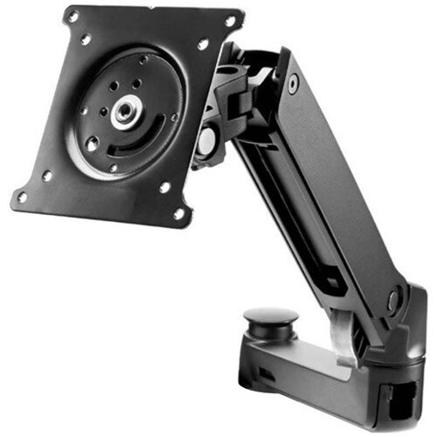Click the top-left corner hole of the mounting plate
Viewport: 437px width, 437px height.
pos(72,15)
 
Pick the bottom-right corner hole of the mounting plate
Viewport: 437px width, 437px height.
pos(178,212)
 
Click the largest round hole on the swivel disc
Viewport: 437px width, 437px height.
pos(93,145)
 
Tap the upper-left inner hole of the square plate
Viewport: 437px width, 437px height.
pos(86,39)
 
